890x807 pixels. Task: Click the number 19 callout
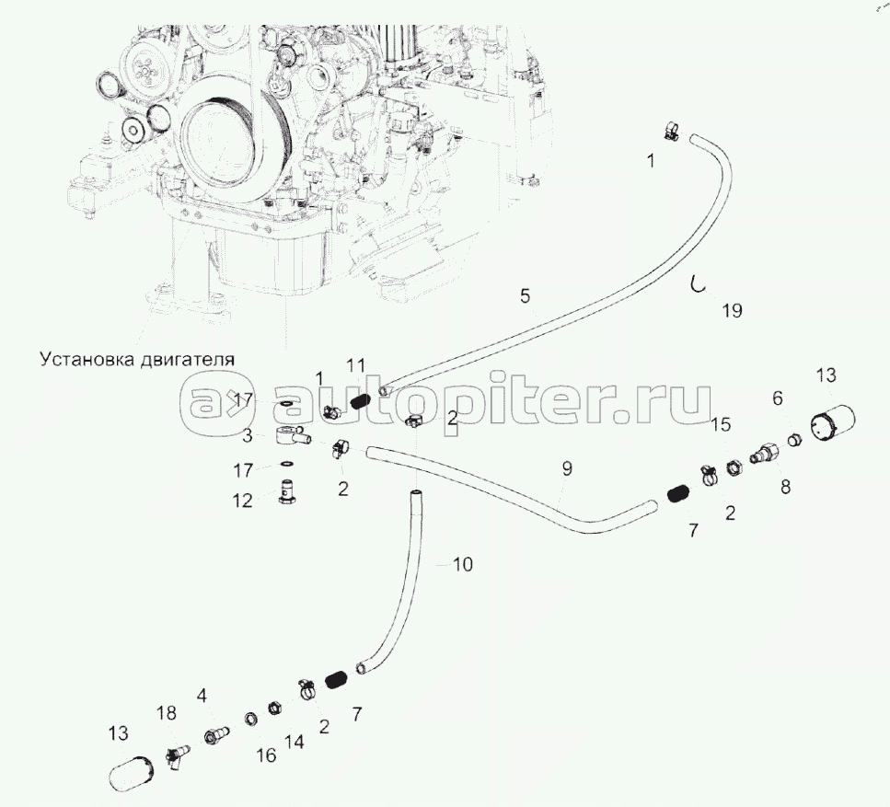click(732, 311)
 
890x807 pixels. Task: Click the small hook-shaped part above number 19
click(700, 284)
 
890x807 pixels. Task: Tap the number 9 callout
click(567, 468)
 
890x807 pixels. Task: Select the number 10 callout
click(463, 564)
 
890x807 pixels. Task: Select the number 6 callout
click(778, 398)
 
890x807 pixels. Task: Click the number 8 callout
click(785, 487)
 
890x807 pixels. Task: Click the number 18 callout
click(167, 714)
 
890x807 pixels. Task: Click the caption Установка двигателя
click(133, 357)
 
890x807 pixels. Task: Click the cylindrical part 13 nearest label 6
click(834, 426)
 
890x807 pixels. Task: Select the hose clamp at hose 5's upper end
click(670, 132)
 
